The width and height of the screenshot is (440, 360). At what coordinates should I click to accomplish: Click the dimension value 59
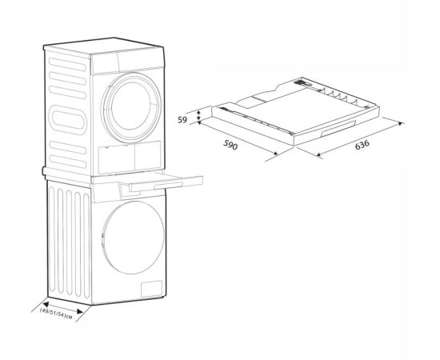(182, 120)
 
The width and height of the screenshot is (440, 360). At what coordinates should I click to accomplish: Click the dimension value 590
(230, 145)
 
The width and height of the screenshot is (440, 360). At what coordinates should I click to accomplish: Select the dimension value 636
(362, 145)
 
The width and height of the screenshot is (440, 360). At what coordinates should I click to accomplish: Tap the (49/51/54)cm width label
(56, 313)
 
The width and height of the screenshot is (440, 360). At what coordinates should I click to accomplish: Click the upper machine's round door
(131, 108)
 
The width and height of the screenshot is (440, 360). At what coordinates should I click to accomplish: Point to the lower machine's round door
(133, 238)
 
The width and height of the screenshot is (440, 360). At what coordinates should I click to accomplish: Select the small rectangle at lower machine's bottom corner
(151, 289)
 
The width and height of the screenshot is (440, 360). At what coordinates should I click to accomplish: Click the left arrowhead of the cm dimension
(46, 305)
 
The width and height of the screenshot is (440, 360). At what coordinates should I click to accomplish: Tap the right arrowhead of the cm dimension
(80, 311)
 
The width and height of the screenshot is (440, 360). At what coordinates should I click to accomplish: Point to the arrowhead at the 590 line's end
(274, 154)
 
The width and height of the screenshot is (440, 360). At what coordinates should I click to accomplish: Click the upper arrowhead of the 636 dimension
(401, 123)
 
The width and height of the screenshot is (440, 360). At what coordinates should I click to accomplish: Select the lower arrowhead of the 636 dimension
(319, 154)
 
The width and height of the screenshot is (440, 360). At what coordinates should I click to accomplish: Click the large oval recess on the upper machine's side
(68, 120)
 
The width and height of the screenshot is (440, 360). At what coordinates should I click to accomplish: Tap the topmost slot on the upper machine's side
(67, 64)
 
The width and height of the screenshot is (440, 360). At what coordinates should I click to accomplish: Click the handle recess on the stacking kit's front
(338, 128)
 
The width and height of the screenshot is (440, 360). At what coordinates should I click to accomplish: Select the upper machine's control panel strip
(128, 62)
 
